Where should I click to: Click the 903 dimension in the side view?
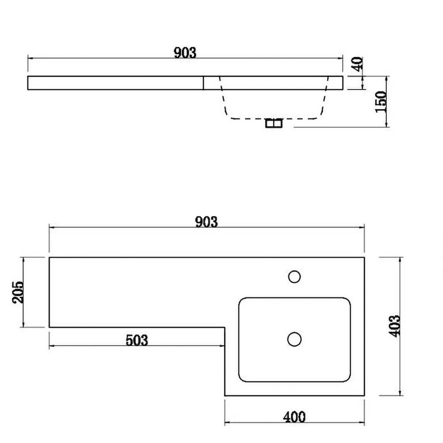(x=185, y=53)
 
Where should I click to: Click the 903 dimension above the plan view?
(x=206, y=222)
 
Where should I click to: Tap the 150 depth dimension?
(x=380, y=102)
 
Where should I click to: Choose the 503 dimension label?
(x=137, y=340)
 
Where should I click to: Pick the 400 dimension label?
(x=294, y=417)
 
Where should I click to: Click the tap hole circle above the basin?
(x=294, y=276)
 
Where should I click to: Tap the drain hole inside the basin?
(x=294, y=339)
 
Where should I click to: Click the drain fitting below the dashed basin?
(x=274, y=123)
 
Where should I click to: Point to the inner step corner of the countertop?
(x=225, y=328)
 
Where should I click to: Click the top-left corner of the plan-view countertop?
(x=49, y=257)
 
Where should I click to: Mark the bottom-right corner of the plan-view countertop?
(x=365, y=395)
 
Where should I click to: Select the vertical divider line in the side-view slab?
(x=204, y=83)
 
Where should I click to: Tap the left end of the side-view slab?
(x=29, y=83)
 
